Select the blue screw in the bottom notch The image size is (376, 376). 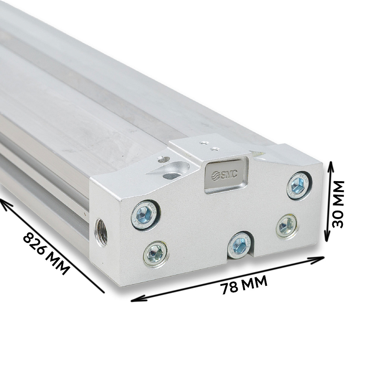tap(240, 245)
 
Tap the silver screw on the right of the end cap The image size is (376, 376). tap(287, 226)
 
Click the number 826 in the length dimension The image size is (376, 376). tap(34, 245)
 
